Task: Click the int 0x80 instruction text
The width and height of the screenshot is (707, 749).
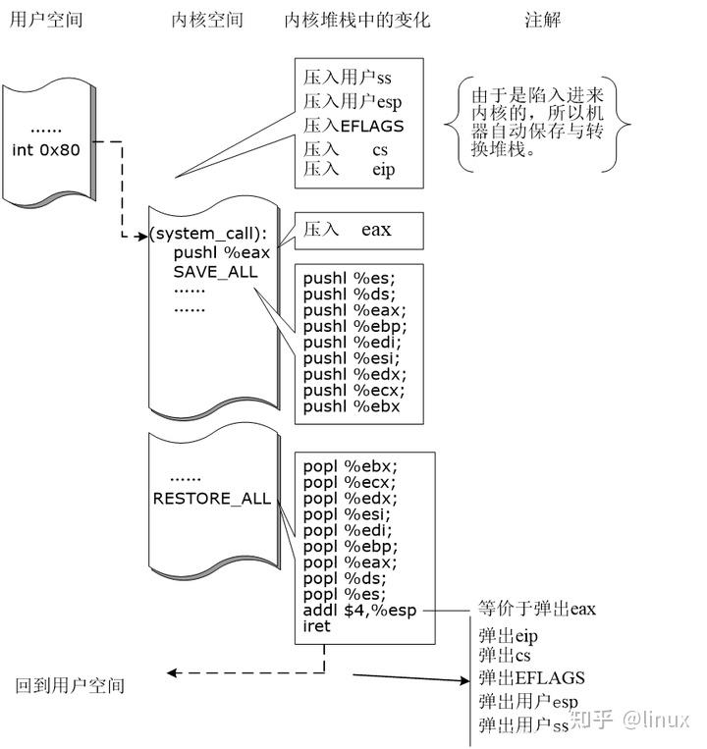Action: pos(48,150)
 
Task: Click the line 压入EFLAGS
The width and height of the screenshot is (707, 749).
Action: pos(353,126)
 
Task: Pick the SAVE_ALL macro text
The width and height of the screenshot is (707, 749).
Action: pos(216,272)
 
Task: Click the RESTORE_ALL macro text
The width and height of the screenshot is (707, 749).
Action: pos(211,499)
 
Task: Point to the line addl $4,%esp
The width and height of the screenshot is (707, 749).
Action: pos(360,610)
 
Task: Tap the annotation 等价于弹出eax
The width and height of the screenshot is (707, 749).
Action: pos(537,609)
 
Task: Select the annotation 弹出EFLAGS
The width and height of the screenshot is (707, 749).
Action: pos(532,678)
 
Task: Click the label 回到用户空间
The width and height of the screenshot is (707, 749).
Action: pos(71,685)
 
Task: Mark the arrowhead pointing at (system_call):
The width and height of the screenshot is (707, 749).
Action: pos(142,236)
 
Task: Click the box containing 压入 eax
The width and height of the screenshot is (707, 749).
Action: pos(359,231)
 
